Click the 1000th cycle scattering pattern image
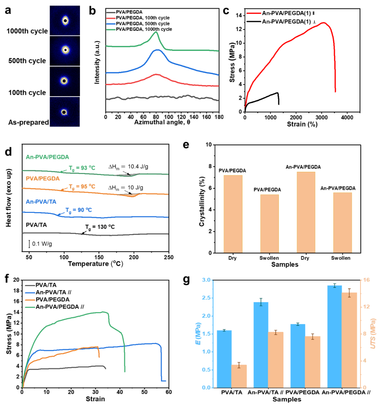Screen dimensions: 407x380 [65, 20]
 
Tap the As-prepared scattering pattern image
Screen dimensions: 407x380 [65, 112]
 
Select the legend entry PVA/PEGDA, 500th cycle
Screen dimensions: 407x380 [143, 24]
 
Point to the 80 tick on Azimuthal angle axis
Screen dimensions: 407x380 [156, 117]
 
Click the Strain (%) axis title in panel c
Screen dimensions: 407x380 [302, 124]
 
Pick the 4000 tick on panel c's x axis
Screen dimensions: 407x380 [347, 117]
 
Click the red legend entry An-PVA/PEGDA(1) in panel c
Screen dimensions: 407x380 [286, 13]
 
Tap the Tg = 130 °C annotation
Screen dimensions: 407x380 [100, 227]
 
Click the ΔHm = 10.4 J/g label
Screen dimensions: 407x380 [128, 167]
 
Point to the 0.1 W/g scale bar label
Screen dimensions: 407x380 [42, 244]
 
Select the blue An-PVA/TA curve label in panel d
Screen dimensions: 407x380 [41, 202]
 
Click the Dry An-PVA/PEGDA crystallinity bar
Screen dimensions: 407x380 [306, 212]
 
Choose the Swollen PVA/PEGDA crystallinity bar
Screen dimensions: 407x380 [269, 223]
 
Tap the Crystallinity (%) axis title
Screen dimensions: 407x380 [202, 201]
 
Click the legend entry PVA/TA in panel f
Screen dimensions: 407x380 [46, 285]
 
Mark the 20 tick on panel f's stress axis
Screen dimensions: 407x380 [16, 280]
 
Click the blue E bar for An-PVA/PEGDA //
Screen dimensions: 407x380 [334, 336]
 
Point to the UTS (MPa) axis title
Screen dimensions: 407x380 [373, 333]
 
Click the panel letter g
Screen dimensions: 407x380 [186, 280]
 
